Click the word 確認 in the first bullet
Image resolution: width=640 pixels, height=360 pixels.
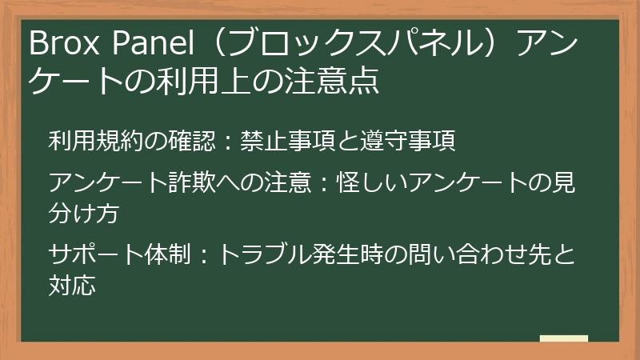(194, 141)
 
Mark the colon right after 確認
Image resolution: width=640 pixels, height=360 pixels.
(226, 142)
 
